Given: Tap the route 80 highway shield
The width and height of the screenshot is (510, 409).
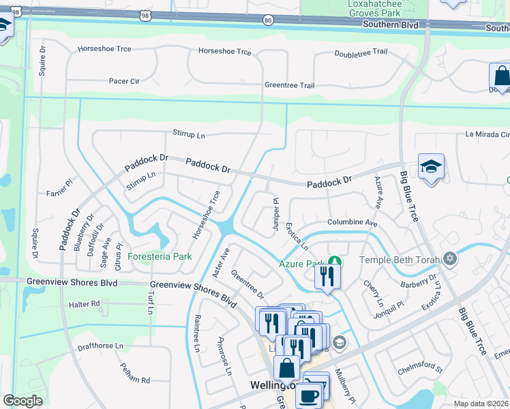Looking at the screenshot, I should click(x=268, y=20).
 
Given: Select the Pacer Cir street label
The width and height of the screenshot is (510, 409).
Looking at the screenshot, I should click(x=124, y=80).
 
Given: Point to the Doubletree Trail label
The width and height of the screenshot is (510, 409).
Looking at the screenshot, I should click(x=361, y=53).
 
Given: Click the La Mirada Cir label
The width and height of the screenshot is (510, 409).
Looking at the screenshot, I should click(x=487, y=135).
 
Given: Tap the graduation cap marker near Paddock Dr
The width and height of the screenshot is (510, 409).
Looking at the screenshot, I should click(x=431, y=167).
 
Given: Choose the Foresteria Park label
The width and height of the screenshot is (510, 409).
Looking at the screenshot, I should click(x=160, y=257).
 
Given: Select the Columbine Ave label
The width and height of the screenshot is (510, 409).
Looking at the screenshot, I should click(x=352, y=223).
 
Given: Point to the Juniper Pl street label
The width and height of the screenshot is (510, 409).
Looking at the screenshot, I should click(x=277, y=214).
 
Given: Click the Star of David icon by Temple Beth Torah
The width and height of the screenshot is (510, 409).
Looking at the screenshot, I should click(x=449, y=259).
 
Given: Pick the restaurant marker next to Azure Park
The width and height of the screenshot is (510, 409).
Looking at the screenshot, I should click(x=327, y=276).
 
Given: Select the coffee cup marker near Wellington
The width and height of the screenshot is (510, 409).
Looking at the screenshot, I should click(x=307, y=395).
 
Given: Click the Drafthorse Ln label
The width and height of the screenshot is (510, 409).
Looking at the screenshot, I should click(x=100, y=346).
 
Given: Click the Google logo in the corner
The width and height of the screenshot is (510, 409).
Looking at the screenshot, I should click(x=22, y=401).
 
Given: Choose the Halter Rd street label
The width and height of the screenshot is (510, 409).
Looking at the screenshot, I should click(x=85, y=303).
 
